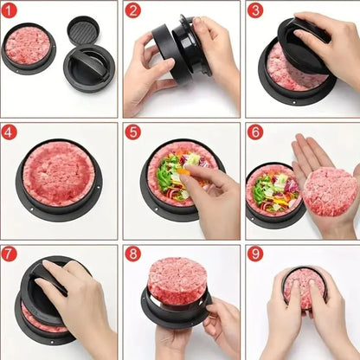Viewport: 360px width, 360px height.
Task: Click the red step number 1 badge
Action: click(10, 10)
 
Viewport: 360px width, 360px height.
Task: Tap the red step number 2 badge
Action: click(132, 10)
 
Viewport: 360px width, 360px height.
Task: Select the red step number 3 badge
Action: click(255, 10)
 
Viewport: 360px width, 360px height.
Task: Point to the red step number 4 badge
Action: click(10, 132)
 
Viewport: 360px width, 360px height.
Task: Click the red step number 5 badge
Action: click(132, 132)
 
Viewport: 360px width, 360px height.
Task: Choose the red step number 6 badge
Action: click(255, 132)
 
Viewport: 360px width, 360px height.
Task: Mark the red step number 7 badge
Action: click(10, 254)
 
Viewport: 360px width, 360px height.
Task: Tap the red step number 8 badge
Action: click(132, 254)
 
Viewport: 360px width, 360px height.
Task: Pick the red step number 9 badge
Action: click(255, 254)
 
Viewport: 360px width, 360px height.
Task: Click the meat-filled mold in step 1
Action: click(28, 48)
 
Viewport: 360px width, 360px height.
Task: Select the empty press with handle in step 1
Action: click(89, 67)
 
